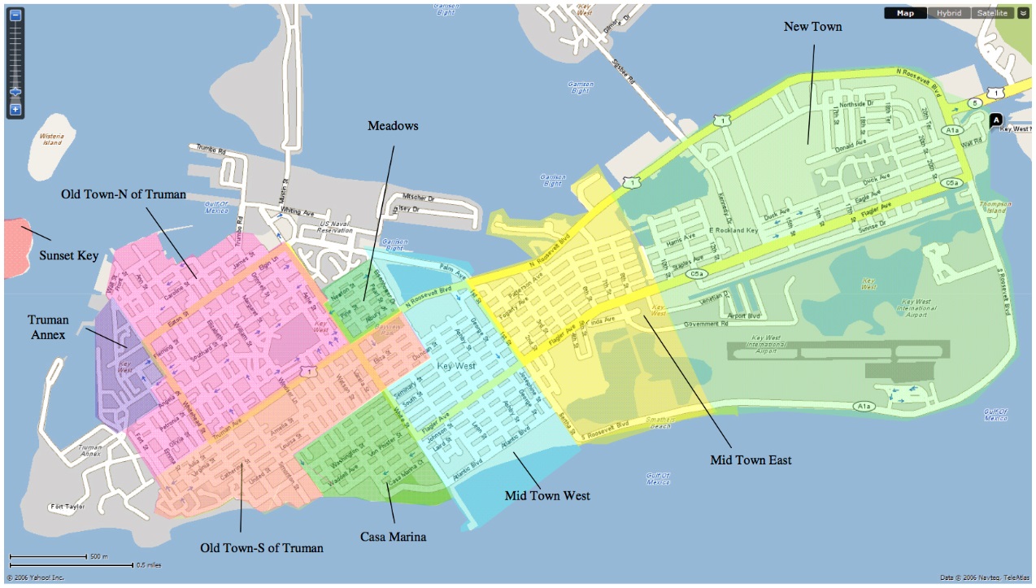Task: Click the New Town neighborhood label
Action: pyautogui.click(x=812, y=27)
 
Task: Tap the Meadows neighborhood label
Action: pyautogui.click(x=392, y=125)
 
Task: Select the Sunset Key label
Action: pyautogui.click(x=68, y=255)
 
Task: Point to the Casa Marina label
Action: pyautogui.click(x=394, y=537)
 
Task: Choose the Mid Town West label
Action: pyautogui.click(x=546, y=495)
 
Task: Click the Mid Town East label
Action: pyautogui.click(x=750, y=460)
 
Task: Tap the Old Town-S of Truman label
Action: pyautogui.click(x=262, y=547)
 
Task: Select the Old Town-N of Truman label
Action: pyautogui.click(x=123, y=194)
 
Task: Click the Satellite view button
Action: pyautogui.click(x=992, y=13)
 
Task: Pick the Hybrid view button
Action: pyautogui.click(x=948, y=13)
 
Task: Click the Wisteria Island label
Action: pyautogui.click(x=52, y=139)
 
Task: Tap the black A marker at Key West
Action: pyautogui.click(x=995, y=120)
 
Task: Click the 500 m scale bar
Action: pyautogui.click(x=48, y=557)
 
